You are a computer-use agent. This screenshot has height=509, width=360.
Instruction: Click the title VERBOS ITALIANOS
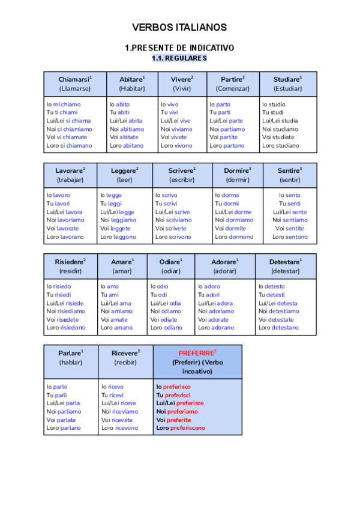point(179,28)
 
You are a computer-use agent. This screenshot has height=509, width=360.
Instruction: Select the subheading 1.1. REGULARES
point(179,58)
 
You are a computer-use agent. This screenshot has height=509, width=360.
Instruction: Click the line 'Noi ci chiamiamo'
point(70,129)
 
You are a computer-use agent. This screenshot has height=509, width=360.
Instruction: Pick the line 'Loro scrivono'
point(173,237)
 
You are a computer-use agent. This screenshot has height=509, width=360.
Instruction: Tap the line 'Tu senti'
point(290,203)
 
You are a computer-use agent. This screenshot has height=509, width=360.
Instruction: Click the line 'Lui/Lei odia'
point(166,303)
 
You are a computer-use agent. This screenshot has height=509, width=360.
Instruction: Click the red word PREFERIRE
point(197,353)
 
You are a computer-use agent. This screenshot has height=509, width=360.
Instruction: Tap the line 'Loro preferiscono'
point(180,428)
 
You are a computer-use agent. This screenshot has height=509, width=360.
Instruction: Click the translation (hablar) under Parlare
point(71,362)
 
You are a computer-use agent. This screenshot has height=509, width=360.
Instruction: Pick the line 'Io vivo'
point(170,104)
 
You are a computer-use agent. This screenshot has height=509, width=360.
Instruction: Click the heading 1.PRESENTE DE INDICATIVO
point(179,47)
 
